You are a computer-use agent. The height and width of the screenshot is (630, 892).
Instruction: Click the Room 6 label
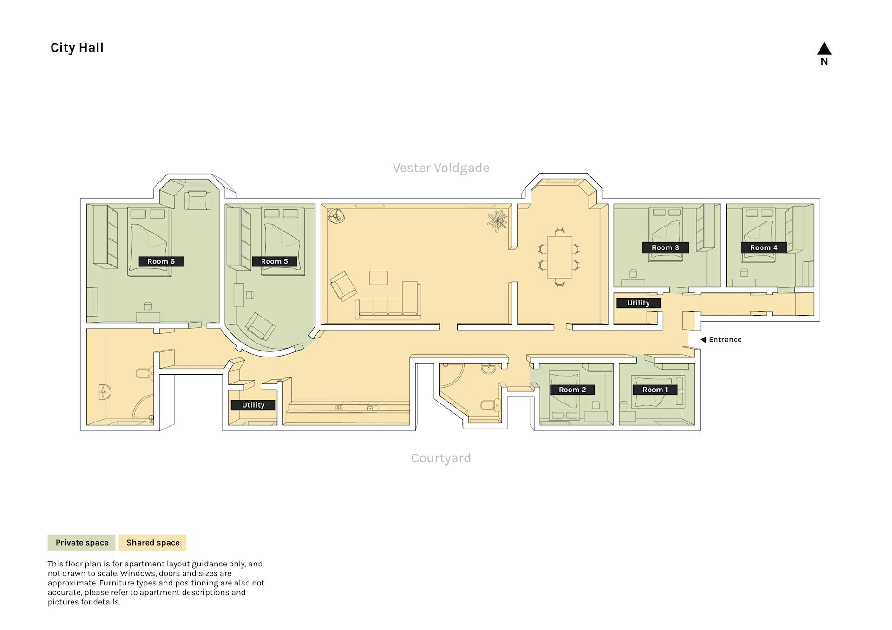[161, 261]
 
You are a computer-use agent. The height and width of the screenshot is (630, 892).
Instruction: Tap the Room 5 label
[275, 261]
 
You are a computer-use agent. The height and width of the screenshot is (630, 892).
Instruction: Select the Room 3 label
[665, 247]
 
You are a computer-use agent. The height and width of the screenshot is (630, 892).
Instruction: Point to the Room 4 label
[764, 247]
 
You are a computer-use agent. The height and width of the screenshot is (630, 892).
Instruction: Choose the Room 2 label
[572, 390]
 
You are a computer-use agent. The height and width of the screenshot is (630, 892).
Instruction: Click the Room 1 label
[655, 390]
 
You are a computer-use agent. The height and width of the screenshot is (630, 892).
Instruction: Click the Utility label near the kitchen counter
[253, 405]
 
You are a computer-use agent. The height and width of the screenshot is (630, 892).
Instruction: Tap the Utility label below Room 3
[638, 303]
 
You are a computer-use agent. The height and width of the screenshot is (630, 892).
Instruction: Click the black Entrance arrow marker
[703, 339]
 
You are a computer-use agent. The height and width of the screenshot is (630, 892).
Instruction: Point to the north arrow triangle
[824, 49]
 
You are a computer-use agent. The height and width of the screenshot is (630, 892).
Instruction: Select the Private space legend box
[82, 542]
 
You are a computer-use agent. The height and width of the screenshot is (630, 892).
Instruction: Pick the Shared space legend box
[152, 542]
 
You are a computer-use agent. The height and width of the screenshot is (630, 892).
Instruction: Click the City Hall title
[77, 47]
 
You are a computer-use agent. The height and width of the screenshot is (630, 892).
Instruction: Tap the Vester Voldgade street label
[441, 168]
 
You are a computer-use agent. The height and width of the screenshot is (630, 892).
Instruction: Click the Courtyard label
[441, 458]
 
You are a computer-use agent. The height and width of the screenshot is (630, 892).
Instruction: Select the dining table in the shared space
[559, 257]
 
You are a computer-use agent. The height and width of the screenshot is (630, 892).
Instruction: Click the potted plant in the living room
[498, 221]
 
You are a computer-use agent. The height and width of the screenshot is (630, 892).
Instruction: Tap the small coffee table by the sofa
[378, 278]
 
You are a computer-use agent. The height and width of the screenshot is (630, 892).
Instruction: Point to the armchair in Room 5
[260, 326]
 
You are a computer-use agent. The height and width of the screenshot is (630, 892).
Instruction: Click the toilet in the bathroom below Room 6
[145, 373]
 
